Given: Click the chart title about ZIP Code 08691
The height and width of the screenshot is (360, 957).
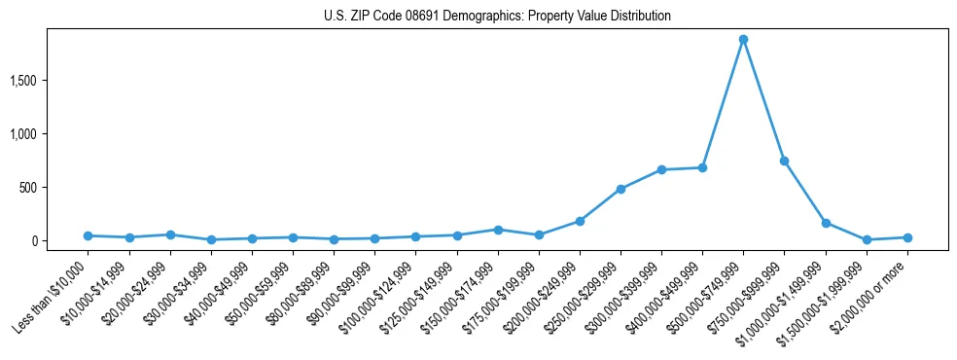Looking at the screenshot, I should coord(497,17).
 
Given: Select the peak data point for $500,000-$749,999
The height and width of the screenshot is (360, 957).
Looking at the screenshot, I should coord(743,40).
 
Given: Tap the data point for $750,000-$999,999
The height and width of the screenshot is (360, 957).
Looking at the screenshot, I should coord(784,161).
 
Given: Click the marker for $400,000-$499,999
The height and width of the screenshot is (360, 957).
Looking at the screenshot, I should coord(702,167).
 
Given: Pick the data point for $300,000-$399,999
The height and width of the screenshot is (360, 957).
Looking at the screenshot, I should coord(661,169).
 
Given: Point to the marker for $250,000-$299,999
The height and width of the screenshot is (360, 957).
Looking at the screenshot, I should coord(620,189).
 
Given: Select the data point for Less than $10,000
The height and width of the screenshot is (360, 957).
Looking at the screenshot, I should coord(88,235).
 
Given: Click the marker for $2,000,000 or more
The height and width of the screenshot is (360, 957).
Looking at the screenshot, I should coord(907,237).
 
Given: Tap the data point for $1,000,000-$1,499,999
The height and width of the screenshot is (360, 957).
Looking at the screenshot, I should coord(826,223).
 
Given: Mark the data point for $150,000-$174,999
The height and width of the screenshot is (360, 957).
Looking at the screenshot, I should coord(498,230).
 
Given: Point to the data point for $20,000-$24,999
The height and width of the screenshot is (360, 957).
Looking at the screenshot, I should coord(170,234).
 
